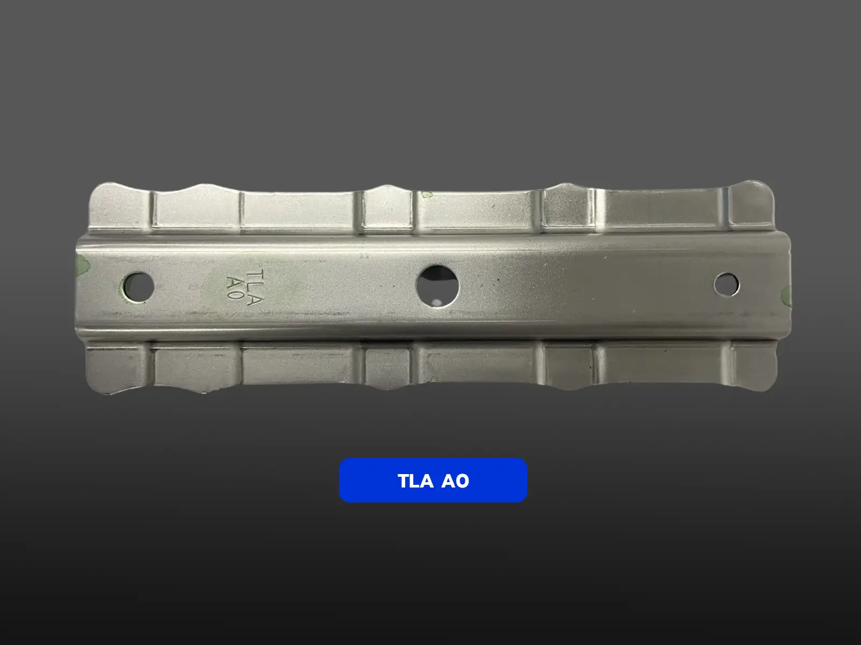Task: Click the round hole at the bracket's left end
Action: tap(138, 287)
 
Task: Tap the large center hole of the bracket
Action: tap(437, 286)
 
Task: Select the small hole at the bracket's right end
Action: tap(726, 284)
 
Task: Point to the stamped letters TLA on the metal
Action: tap(256, 286)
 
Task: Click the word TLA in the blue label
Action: tap(415, 481)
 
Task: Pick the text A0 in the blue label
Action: tap(455, 481)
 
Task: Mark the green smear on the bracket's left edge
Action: tap(82, 266)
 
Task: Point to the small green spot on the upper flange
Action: tap(426, 194)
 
